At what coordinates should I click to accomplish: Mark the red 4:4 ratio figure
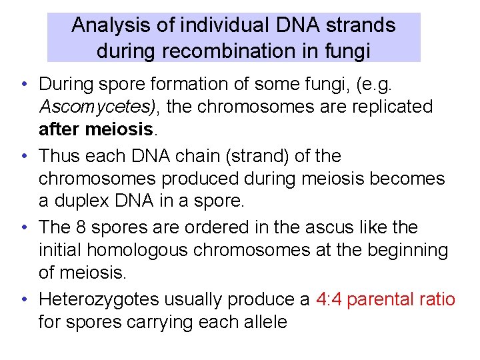(x=329, y=300)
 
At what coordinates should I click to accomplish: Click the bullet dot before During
(x=23, y=85)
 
